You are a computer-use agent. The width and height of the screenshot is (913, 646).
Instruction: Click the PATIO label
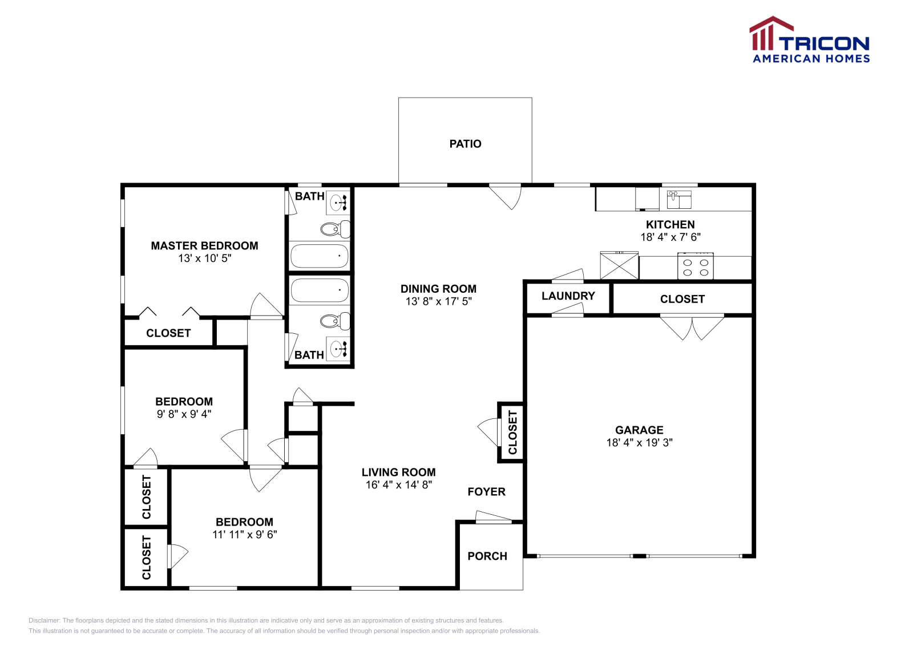click(x=465, y=144)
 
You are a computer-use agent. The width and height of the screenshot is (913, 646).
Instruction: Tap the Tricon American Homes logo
click(x=810, y=40)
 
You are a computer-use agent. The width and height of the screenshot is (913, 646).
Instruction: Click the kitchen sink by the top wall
click(x=679, y=200)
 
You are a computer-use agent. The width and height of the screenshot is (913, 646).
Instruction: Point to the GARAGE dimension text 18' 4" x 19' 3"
click(x=639, y=442)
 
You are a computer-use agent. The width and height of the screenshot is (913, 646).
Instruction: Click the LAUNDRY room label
click(x=568, y=296)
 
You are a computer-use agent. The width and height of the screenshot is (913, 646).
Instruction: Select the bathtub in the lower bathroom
click(x=320, y=290)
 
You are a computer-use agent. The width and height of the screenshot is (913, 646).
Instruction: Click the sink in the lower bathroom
click(x=338, y=348)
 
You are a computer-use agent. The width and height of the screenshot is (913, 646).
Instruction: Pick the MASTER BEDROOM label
click(x=204, y=246)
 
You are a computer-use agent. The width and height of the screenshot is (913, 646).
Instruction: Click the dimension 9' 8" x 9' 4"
click(x=184, y=414)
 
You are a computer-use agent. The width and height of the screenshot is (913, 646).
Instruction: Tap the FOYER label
click(x=486, y=491)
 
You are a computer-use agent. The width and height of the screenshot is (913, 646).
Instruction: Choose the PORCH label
click(x=487, y=556)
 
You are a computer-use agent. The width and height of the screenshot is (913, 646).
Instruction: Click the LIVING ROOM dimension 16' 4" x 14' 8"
click(x=398, y=484)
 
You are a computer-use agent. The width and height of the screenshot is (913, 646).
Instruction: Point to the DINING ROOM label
click(x=438, y=289)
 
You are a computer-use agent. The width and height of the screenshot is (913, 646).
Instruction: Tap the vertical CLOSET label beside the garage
click(x=512, y=432)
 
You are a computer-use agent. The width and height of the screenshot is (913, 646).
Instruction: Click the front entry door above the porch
click(x=493, y=518)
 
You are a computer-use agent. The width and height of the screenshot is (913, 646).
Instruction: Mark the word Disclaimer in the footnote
click(x=44, y=620)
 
